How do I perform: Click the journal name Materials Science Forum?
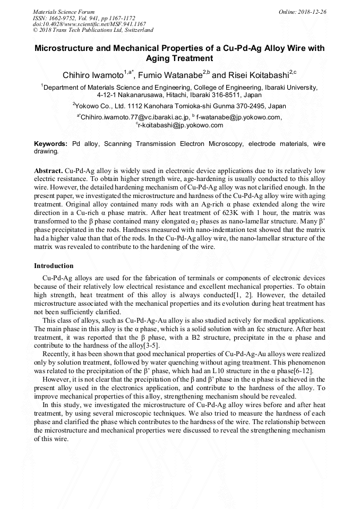pos(64,11)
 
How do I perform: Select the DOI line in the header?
pos(89,24)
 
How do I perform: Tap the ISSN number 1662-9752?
pos(62,18)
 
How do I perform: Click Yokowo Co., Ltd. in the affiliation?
pos(101,106)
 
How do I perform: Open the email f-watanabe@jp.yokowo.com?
pos(238,117)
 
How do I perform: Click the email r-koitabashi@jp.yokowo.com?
pos(181,125)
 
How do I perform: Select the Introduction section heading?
pos(54,265)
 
